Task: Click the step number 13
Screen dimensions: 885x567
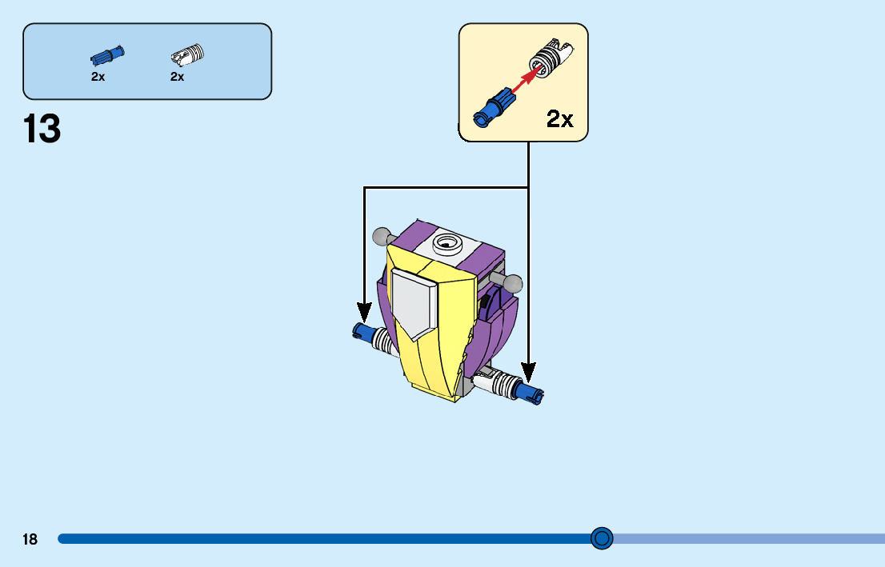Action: point(42,129)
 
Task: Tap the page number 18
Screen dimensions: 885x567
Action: point(30,539)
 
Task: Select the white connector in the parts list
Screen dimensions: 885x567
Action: point(187,55)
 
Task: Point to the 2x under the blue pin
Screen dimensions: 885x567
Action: point(98,77)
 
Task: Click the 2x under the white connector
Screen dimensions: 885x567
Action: point(177,77)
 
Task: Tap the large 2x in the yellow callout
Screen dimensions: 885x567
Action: point(560,118)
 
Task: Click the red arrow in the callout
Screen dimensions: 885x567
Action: point(523,79)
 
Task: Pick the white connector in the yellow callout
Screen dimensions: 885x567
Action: point(551,58)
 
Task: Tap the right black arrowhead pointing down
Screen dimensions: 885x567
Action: point(528,373)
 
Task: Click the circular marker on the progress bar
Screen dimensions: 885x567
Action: point(602,538)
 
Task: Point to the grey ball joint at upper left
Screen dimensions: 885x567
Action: point(382,236)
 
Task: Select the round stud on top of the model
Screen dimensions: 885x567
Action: point(448,244)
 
